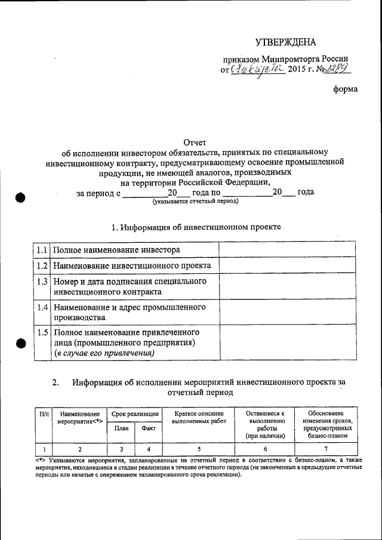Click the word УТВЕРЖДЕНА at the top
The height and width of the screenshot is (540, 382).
[x=285, y=42]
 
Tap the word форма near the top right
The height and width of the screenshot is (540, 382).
[x=346, y=90]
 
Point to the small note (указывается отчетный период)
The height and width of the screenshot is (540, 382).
[x=195, y=202]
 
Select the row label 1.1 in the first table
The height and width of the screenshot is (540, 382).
[x=41, y=249]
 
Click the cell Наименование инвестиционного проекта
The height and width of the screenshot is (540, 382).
[x=132, y=266]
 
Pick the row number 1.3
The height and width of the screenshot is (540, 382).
[x=41, y=281]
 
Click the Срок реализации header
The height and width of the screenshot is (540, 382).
[x=134, y=414]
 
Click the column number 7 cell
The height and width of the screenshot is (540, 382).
[x=326, y=449]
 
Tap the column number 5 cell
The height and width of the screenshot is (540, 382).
[x=199, y=449]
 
